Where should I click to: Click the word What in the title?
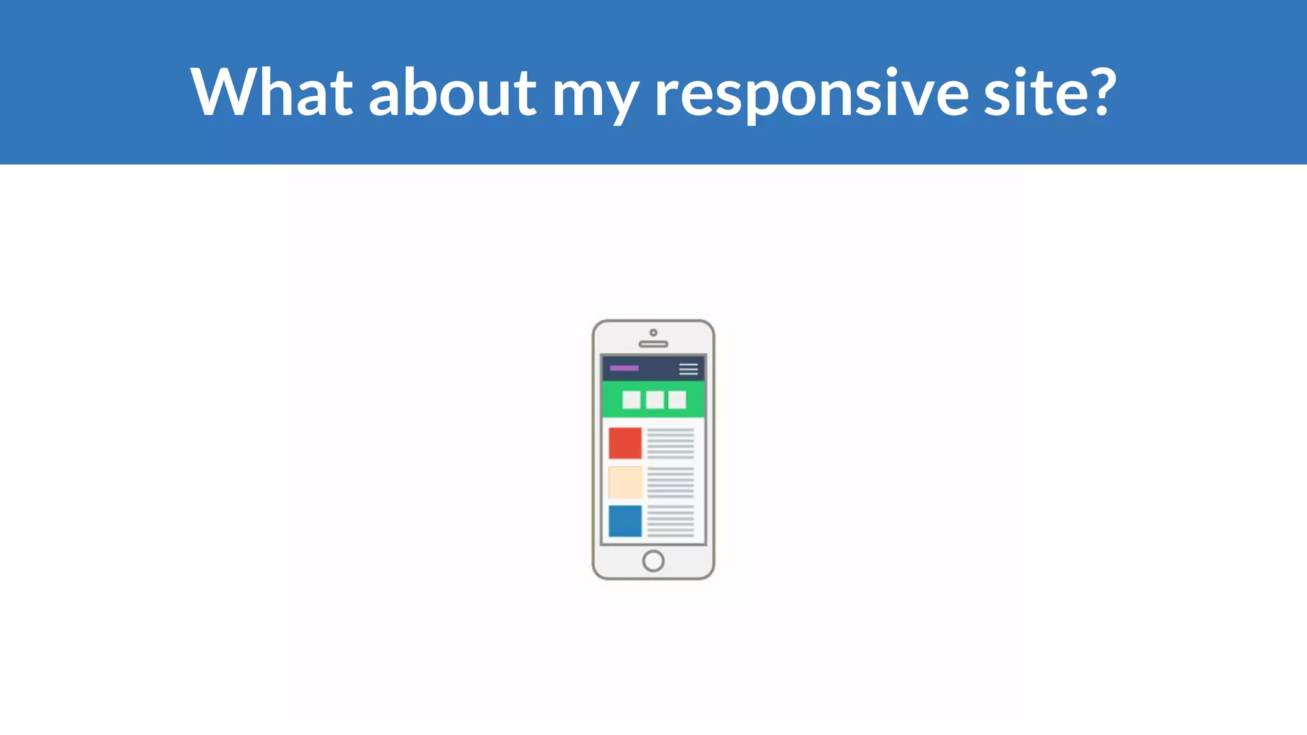[271, 93]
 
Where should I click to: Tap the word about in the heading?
[452, 93]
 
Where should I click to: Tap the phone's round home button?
[653, 561]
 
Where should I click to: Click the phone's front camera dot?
[653, 332]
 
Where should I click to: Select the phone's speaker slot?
[653, 345]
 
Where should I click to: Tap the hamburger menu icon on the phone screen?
[689, 369]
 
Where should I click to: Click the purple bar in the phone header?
[624, 368]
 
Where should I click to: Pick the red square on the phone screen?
[625, 443]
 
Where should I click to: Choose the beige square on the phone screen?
[625, 482]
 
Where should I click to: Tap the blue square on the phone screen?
[625, 521]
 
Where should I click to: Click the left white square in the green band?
[632, 400]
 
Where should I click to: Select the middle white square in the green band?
[655, 400]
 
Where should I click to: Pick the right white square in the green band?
[677, 400]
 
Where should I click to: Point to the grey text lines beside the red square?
[671, 443]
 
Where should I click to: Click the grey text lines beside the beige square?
[671, 482]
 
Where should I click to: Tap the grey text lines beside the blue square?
[671, 521]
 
